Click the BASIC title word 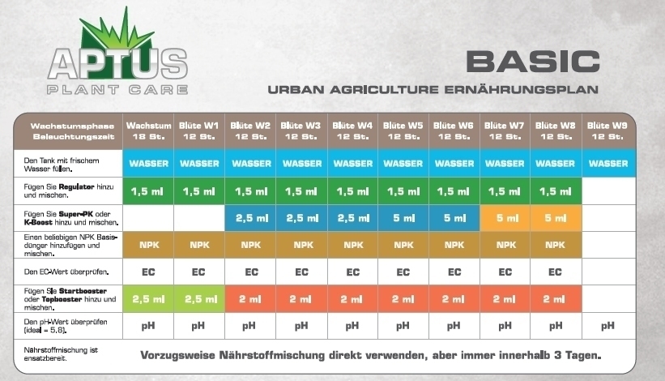[x=533, y=62]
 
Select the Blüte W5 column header [x=403, y=131]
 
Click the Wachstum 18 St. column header [x=148, y=131]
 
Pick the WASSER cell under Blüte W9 [x=608, y=164]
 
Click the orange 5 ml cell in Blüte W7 [x=505, y=218]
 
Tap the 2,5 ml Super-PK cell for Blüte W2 [x=250, y=218]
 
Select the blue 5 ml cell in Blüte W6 [x=454, y=218]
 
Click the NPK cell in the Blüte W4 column [x=353, y=245]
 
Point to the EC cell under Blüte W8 [x=556, y=272]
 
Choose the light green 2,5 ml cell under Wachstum [x=148, y=299]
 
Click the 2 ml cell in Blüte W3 [x=301, y=299]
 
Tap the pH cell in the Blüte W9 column [x=608, y=326]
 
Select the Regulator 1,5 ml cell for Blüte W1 [x=199, y=191]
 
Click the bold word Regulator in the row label [x=76, y=186]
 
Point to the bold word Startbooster [x=83, y=291]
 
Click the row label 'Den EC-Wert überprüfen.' [x=66, y=272]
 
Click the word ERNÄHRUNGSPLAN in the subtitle [x=522, y=89]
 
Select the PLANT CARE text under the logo [x=117, y=89]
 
